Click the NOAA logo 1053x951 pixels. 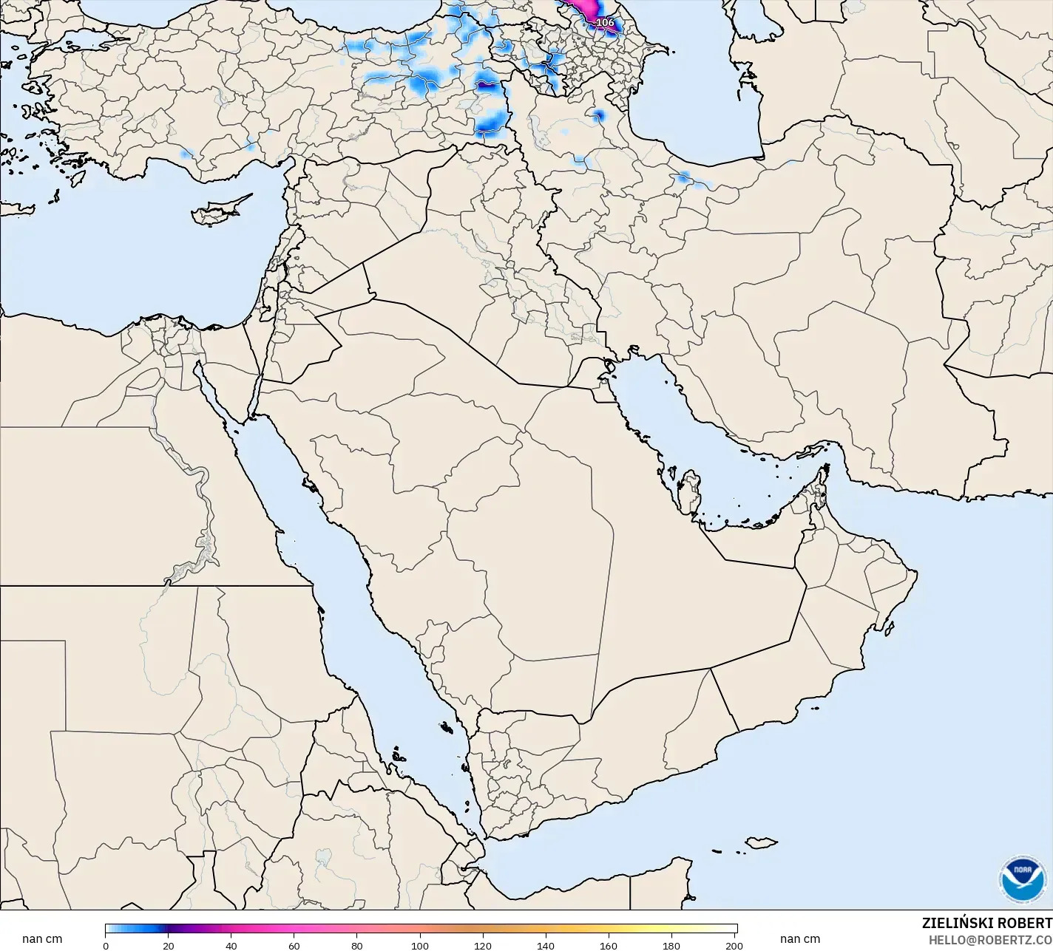(1022, 879)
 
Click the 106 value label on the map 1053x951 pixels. (605, 22)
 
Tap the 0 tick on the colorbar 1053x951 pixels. (106, 945)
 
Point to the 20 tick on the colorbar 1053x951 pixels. (169, 945)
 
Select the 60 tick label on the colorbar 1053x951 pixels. (294, 945)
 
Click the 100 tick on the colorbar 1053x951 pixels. (420, 945)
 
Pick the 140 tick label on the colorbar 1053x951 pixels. (546, 945)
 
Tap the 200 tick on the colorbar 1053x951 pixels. (734, 945)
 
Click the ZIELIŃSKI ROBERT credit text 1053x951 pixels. (986, 923)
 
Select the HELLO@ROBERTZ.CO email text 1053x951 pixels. (990, 940)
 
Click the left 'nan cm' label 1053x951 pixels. (42, 939)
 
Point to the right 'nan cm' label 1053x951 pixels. (799, 939)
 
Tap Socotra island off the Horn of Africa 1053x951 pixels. (760, 842)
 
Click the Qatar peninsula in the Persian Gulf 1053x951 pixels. (690, 491)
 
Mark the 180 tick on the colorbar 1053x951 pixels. (671, 945)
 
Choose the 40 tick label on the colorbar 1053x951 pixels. (231, 945)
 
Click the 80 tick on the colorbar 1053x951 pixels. (357, 945)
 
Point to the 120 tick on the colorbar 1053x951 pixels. (483, 945)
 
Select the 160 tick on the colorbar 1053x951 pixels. (609, 945)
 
